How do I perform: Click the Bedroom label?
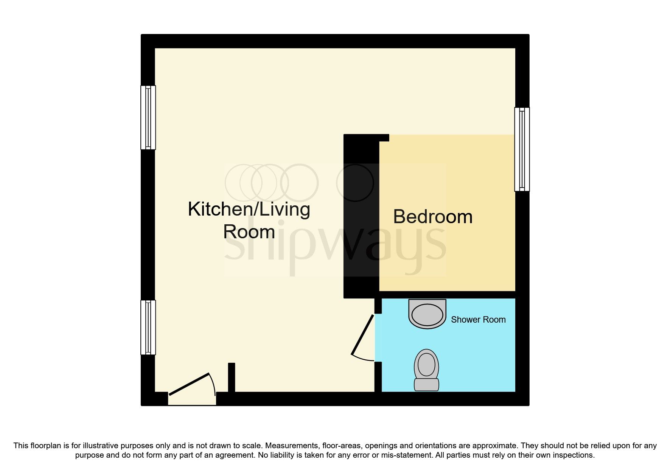432,217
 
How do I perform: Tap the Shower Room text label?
478,320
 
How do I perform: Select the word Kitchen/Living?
249,209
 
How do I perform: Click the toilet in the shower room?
426,367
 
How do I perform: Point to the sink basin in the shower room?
427,314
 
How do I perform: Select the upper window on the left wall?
148,117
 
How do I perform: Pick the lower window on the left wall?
148,327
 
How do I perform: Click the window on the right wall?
522,149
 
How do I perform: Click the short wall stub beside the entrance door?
232,377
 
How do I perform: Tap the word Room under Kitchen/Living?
249,232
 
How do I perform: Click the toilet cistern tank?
426,385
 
